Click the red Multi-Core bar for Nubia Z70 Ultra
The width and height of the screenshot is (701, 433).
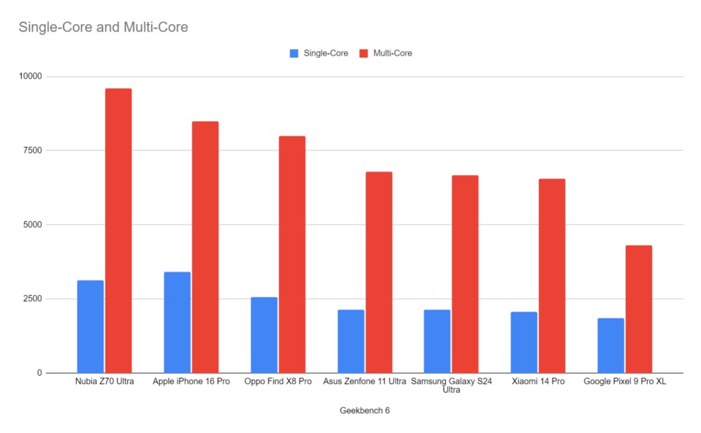(118, 231)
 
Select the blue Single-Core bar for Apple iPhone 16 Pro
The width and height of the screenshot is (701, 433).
(177, 323)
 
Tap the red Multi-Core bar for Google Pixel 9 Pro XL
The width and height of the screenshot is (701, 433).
(639, 309)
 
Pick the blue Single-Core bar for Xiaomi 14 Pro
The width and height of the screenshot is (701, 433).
(524, 342)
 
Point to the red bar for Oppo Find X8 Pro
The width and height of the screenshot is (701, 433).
(292, 254)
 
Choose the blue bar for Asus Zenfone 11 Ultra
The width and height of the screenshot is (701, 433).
(351, 341)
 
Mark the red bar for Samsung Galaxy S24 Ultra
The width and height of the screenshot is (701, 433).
(465, 274)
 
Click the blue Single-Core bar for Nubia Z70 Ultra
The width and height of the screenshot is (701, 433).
(91, 326)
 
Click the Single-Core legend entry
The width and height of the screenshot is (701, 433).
(318, 53)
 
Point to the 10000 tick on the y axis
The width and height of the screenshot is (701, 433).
(30, 76)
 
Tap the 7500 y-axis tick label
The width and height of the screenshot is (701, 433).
(32, 150)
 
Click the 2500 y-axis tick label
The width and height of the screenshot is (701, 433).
(32, 299)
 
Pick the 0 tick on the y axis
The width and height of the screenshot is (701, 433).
(39, 373)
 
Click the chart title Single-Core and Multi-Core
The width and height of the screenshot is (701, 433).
(103, 28)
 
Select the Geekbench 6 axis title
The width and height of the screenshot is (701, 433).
(364, 410)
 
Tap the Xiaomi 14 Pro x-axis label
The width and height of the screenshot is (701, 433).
(537, 382)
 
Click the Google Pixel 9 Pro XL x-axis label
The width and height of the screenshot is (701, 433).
(624, 382)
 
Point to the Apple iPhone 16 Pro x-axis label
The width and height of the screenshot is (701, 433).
(191, 382)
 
